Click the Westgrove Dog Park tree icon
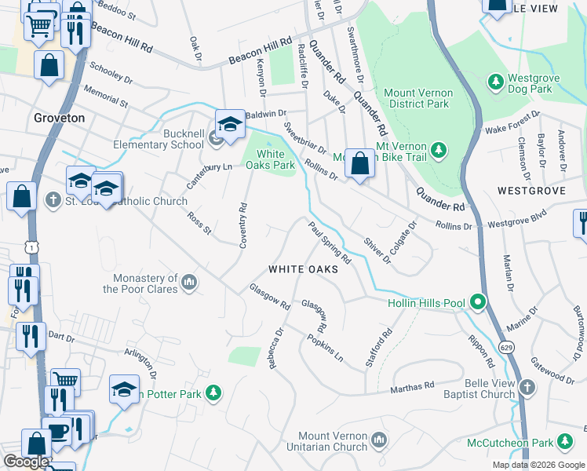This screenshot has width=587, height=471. pyautogui.click(x=495, y=82)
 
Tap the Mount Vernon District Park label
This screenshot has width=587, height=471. pyautogui.click(x=417, y=98)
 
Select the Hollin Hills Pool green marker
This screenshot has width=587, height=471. pyautogui.click(x=476, y=302)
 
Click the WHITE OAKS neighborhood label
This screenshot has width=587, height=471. pyautogui.click(x=303, y=269)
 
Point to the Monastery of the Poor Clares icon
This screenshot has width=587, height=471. pyautogui.click(x=188, y=282)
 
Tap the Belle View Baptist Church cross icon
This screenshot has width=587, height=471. pyautogui.click(x=527, y=387)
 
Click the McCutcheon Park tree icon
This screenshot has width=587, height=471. pyautogui.click(x=563, y=444)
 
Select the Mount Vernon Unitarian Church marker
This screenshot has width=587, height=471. pyautogui.click(x=379, y=440)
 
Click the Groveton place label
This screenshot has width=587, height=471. pyautogui.click(x=59, y=118)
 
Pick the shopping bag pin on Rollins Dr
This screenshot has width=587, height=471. pyautogui.click(x=359, y=164)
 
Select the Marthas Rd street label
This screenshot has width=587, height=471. pyautogui.click(x=413, y=386)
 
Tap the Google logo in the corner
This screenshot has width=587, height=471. pyautogui.click(x=26, y=462)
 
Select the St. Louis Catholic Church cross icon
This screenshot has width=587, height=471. pyautogui.click(x=53, y=201)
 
